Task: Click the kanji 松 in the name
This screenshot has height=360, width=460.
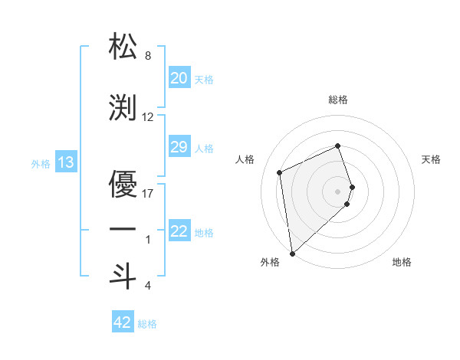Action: [x=123, y=45]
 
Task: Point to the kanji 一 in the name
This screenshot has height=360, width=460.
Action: [x=123, y=229]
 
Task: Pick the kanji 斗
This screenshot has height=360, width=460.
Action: [x=123, y=276]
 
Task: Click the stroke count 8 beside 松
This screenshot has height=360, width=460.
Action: [x=148, y=56]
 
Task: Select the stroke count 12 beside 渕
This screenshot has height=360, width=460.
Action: [x=148, y=117]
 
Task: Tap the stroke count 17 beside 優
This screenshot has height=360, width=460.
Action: [x=148, y=193]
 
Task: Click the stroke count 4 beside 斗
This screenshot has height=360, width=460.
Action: [x=148, y=286]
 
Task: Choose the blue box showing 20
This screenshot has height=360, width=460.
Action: [x=179, y=78]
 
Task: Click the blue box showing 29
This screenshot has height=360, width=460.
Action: [x=179, y=147]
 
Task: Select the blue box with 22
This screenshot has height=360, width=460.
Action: [x=179, y=231]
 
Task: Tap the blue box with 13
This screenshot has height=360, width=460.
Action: [x=66, y=162]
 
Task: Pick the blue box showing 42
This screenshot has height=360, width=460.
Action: [x=123, y=322]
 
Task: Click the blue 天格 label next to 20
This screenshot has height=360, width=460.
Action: [x=204, y=79]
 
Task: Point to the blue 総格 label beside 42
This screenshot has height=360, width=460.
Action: [x=147, y=324]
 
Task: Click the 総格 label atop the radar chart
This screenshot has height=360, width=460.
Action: [x=338, y=100]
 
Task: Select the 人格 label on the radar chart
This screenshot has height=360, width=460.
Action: [x=245, y=159]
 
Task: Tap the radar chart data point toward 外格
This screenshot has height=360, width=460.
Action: [x=292, y=253]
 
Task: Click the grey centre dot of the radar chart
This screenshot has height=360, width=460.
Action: [x=338, y=190]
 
